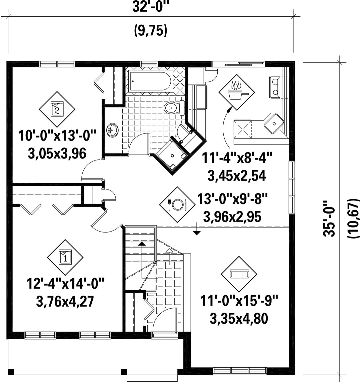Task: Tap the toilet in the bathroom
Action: (x=174, y=107)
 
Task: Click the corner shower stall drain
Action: (x=172, y=155)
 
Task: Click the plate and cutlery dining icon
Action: (x=177, y=205)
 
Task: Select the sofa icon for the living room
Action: (x=239, y=274)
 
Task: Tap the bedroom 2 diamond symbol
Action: (x=57, y=109)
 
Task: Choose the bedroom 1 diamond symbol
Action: (x=65, y=257)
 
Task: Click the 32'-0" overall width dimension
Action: (x=151, y=7)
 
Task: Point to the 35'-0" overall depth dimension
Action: (x=329, y=219)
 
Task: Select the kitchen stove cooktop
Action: (x=242, y=129)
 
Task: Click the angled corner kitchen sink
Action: (x=274, y=123)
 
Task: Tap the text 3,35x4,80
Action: (x=239, y=319)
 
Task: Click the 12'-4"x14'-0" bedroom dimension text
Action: (x=65, y=284)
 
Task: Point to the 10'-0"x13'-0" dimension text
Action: (x=57, y=135)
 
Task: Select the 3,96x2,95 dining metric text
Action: (x=232, y=217)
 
